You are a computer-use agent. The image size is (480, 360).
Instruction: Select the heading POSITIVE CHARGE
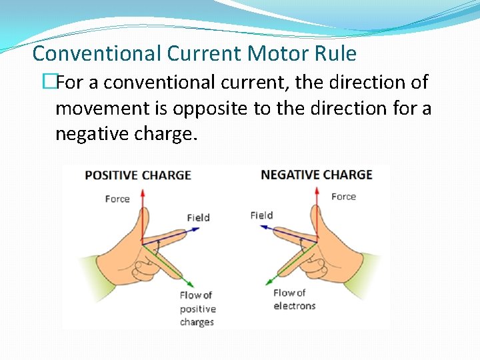point(137,175)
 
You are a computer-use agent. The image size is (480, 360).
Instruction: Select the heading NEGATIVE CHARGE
point(316,175)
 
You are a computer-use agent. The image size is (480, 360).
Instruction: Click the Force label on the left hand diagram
point(117,199)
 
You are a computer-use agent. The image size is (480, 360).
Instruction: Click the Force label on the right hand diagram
point(343,197)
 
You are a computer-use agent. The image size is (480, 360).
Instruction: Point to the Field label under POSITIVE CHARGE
point(198,217)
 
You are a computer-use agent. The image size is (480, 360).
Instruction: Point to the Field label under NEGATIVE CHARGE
point(261,215)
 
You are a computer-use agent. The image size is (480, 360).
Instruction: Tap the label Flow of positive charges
point(197,308)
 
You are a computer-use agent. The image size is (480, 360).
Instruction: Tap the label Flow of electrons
point(294,299)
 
